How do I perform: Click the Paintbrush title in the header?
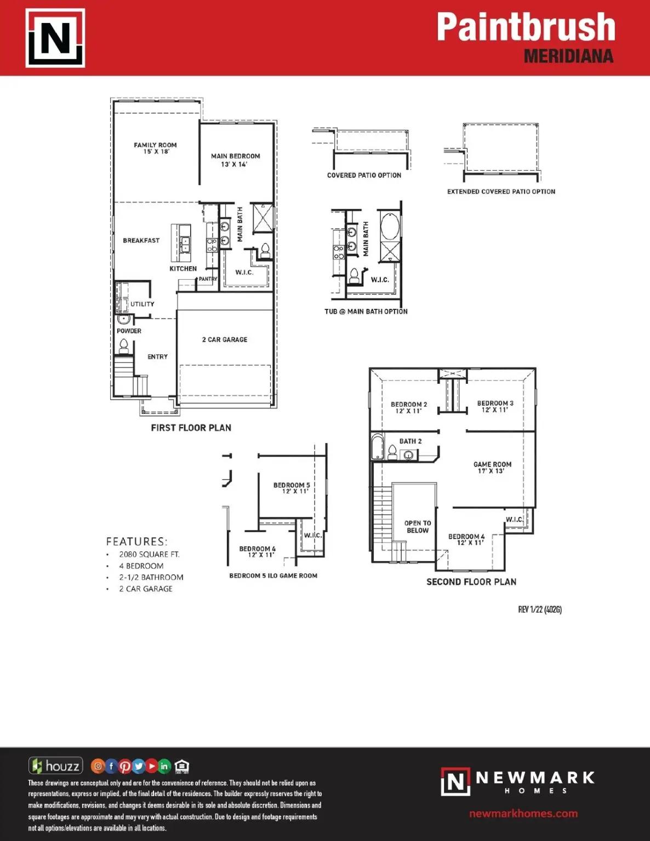[526, 26]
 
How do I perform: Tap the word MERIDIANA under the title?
[569, 56]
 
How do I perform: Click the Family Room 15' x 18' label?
[155, 148]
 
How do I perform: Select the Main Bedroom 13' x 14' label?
[235, 160]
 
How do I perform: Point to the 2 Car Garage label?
[225, 340]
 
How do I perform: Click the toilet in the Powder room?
[123, 346]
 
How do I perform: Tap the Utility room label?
[142, 304]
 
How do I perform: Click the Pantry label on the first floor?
[208, 279]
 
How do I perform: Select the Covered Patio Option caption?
[364, 175]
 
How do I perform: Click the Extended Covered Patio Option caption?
[501, 192]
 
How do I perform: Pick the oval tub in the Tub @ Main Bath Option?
[390, 226]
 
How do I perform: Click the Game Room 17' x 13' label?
[492, 468]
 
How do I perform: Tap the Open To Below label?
[418, 527]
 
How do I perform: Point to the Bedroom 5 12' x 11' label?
[292, 488]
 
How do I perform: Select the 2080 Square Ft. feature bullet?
[149, 555]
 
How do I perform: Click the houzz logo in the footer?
[56, 765]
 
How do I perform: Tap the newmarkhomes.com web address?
[523, 813]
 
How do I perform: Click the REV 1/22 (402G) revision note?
[540, 610]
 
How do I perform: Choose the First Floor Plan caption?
[191, 428]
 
